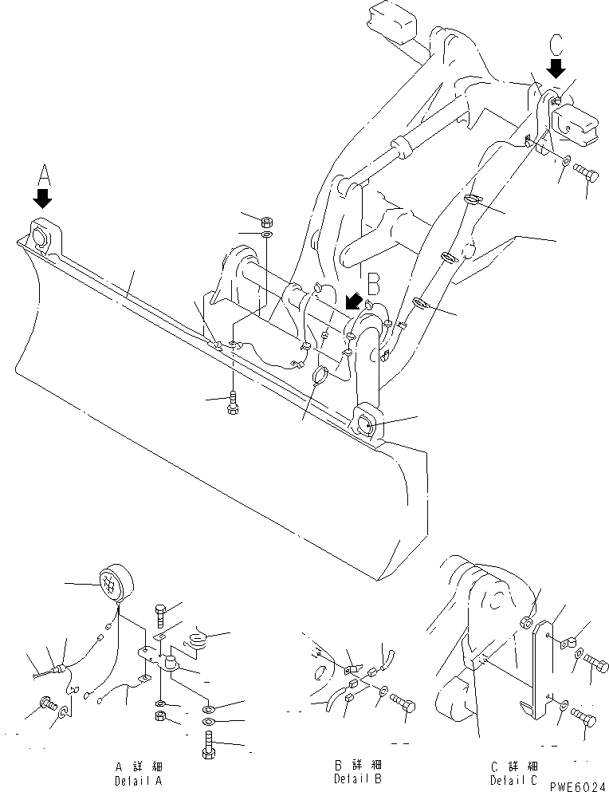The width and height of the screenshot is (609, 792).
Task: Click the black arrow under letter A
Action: click(42, 196)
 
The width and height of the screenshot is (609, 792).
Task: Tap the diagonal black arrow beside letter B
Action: click(352, 301)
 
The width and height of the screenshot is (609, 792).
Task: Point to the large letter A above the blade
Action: click(43, 173)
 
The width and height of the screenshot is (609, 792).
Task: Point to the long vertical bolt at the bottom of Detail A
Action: click(209, 747)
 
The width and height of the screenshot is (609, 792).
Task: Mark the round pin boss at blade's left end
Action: click(39, 235)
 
